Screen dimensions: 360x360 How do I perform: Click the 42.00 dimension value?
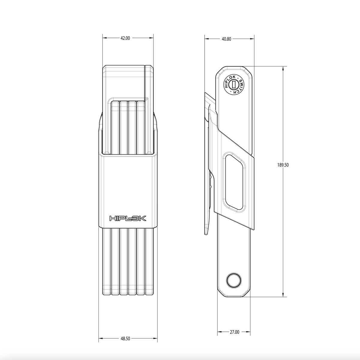coord(125,38)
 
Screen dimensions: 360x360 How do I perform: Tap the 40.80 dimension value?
coord(226,39)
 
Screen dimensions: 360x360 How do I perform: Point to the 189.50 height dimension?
coord(283,165)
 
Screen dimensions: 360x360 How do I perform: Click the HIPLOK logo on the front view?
coord(128,218)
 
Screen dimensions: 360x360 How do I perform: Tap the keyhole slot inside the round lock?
coord(233,85)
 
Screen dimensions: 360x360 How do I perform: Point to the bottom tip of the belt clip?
coord(206,234)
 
